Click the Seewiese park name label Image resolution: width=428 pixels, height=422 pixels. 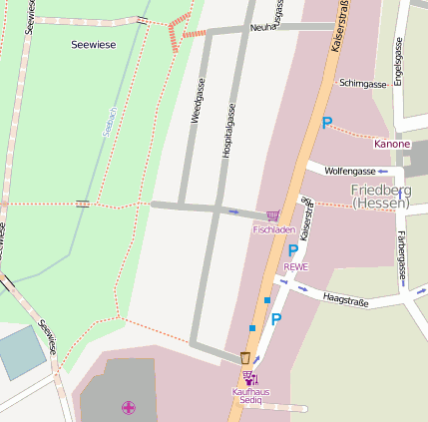[x=93, y=45]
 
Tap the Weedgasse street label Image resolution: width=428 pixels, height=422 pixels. [x=197, y=104]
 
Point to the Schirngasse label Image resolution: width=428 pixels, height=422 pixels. [x=362, y=84]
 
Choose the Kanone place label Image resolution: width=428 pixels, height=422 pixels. [x=391, y=144]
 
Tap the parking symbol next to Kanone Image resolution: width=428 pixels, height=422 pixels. [x=326, y=123]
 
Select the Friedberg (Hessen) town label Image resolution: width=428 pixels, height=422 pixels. [x=380, y=196]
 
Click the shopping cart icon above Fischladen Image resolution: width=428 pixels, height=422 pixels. [x=272, y=215]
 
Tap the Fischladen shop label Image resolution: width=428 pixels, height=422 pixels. [x=273, y=229]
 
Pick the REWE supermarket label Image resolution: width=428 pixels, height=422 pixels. [x=296, y=266]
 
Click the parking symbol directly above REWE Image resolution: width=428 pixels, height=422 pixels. [x=293, y=251]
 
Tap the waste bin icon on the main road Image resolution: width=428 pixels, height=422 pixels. [x=244, y=357]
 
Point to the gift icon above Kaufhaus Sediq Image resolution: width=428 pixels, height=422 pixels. [x=248, y=378]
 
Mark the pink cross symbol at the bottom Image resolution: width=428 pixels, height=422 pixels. [x=128, y=406]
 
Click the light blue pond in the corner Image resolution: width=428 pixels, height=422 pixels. [x=20, y=352]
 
